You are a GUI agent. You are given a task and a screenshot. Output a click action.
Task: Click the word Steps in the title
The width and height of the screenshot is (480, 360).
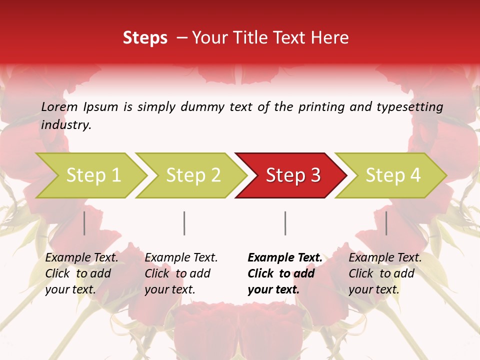coord(145,38)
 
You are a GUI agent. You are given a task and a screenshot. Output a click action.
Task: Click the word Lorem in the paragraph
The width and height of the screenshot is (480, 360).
coord(59,107)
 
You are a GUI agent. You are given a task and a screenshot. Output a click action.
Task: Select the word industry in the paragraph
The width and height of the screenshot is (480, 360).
coord(65,125)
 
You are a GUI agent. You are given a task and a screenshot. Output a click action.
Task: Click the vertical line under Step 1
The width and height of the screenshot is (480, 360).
coord(84,223)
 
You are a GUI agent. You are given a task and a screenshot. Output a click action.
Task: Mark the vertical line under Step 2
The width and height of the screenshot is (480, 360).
coord(184,223)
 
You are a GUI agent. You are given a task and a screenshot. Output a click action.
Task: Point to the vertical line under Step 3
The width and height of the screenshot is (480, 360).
coord(285,223)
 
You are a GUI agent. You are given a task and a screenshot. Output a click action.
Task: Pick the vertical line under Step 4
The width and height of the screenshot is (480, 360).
coord(386,223)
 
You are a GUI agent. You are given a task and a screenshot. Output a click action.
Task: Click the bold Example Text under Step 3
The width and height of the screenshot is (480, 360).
coord(285,258)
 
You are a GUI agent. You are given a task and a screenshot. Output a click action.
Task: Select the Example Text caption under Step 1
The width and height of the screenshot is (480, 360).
coord(81,258)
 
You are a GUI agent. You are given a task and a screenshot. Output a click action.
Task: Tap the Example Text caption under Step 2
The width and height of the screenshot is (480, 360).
coord(181,258)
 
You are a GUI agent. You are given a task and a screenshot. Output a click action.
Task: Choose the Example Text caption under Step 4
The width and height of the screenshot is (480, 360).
coord(385,258)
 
